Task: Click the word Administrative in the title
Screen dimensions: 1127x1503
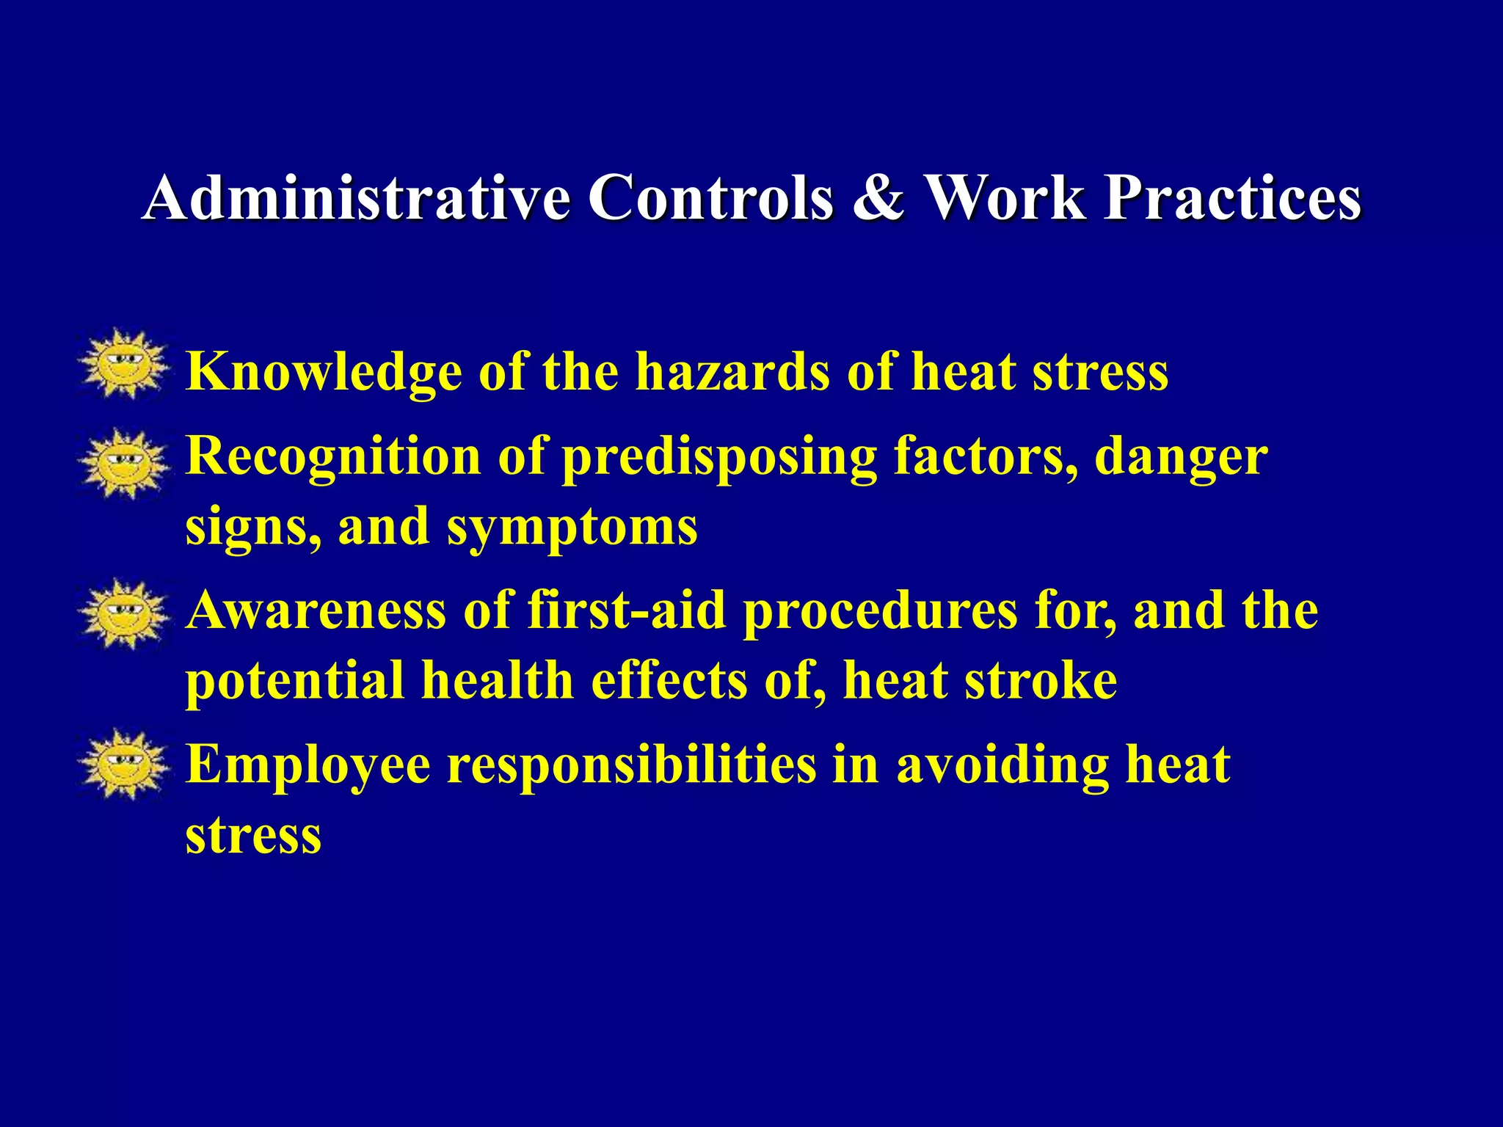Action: click(x=356, y=198)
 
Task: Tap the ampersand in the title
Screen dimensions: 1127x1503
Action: click(x=878, y=198)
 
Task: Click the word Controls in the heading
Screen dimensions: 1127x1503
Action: click(x=710, y=198)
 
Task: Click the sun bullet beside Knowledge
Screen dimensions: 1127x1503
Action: click(x=123, y=365)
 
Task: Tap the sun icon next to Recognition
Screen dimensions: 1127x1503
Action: click(x=123, y=464)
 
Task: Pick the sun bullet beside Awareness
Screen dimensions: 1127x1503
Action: click(x=123, y=614)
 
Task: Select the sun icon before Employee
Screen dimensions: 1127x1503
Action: click(x=123, y=765)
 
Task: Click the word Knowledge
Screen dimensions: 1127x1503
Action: click(x=324, y=372)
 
